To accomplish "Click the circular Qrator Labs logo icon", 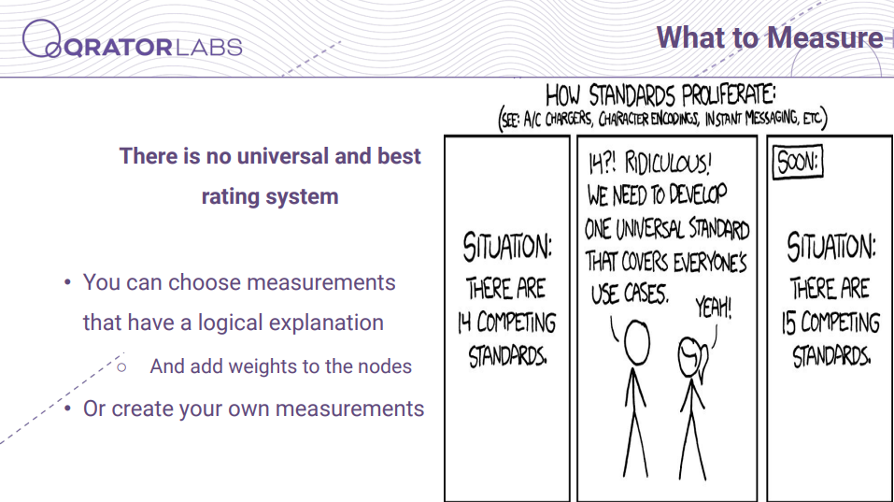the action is coord(41,38).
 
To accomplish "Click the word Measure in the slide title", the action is coord(825,37).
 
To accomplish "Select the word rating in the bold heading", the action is coord(231,197).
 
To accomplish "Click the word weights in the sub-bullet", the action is coord(263,366).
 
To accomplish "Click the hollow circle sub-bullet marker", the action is coord(121,367).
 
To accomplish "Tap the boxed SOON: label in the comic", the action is coord(798,162).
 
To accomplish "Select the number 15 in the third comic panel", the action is coord(789,323).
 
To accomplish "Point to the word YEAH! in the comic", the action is coord(714,308).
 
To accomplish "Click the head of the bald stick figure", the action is coord(636,342).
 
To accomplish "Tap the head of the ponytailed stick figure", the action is coord(691,357).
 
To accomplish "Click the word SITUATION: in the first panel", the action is coord(507,248).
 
